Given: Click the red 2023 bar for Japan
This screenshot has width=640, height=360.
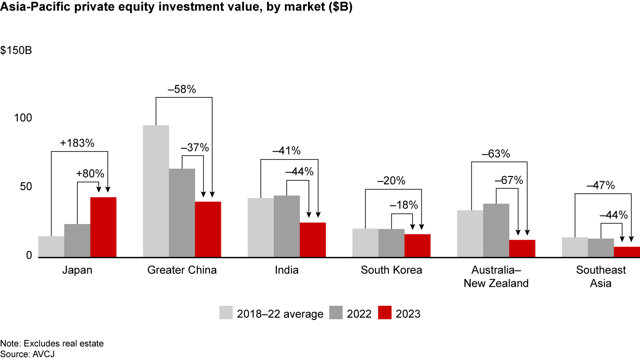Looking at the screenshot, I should tap(103, 227).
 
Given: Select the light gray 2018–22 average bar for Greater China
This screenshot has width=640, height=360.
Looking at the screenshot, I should tap(156, 191).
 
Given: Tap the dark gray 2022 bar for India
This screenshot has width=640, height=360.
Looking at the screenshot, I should tap(287, 226).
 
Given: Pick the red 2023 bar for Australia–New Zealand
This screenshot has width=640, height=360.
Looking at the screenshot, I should tap(522, 248).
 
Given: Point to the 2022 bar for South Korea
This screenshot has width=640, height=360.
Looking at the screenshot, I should tap(391, 243).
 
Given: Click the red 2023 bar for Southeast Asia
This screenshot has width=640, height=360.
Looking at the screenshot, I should tap(627, 252).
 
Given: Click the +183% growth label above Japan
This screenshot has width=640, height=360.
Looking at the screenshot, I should tap(77, 144).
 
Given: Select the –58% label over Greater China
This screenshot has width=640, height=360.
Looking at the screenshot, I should tap(182, 89).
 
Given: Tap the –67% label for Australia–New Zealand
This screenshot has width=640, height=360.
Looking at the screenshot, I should tap(509, 180).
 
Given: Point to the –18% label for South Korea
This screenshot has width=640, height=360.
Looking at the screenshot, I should tap(404, 205).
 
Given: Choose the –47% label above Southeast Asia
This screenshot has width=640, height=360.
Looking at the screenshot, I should tap(600, 186).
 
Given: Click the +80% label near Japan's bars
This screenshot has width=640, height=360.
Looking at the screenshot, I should tap(90, 174).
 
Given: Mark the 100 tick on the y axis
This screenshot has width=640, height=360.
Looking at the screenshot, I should tap(23, 118).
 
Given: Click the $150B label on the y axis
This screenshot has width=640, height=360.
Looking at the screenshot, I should tap(16, 51).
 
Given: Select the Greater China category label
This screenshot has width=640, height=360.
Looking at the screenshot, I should tap(182, 270).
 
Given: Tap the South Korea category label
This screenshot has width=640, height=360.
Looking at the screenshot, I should tap(391, 270).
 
